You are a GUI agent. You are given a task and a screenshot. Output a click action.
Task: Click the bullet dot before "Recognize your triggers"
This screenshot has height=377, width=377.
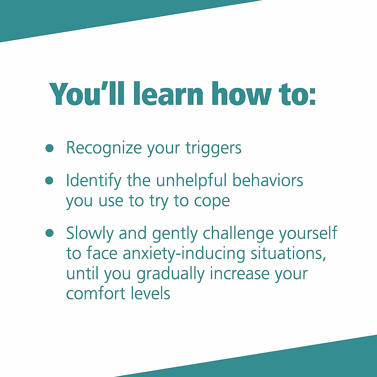tap(49, 148)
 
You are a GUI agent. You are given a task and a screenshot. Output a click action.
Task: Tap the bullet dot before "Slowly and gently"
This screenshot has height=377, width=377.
tap(49, 233)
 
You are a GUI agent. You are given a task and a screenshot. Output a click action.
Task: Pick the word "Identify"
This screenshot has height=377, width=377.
tap(93, 181)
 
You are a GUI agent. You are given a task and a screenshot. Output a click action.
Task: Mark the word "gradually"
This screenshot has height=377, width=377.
tap(170, 274)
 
